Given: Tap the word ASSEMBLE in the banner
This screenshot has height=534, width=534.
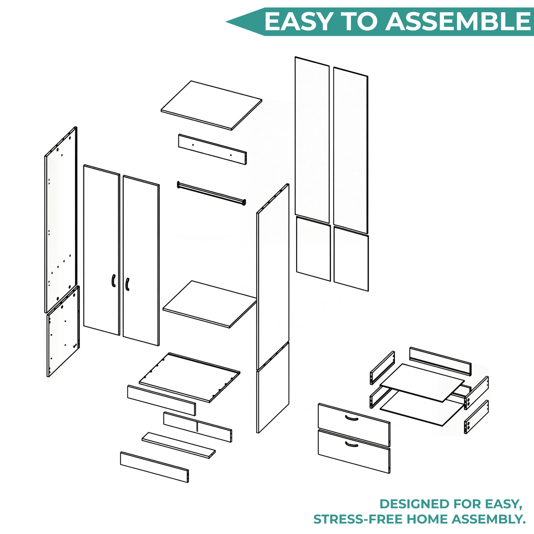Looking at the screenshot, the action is [459, 22].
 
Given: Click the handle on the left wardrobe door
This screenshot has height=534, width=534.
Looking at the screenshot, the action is [113, 281].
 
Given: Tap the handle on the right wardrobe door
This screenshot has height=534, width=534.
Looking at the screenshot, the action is [127, 284].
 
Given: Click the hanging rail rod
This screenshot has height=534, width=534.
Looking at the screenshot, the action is [212, 193].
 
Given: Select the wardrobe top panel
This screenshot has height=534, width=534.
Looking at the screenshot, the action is [212, 105].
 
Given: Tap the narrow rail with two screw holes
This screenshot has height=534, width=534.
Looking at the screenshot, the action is [212, 149].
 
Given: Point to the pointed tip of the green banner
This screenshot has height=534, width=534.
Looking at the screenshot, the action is [226, 22].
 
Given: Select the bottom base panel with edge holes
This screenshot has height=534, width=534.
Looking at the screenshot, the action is [189, 378].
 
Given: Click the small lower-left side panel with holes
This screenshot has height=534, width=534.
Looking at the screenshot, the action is [63, 331].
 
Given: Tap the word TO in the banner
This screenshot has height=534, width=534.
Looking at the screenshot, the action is [358, 22].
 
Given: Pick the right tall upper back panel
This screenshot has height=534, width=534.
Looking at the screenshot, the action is [351, 150].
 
